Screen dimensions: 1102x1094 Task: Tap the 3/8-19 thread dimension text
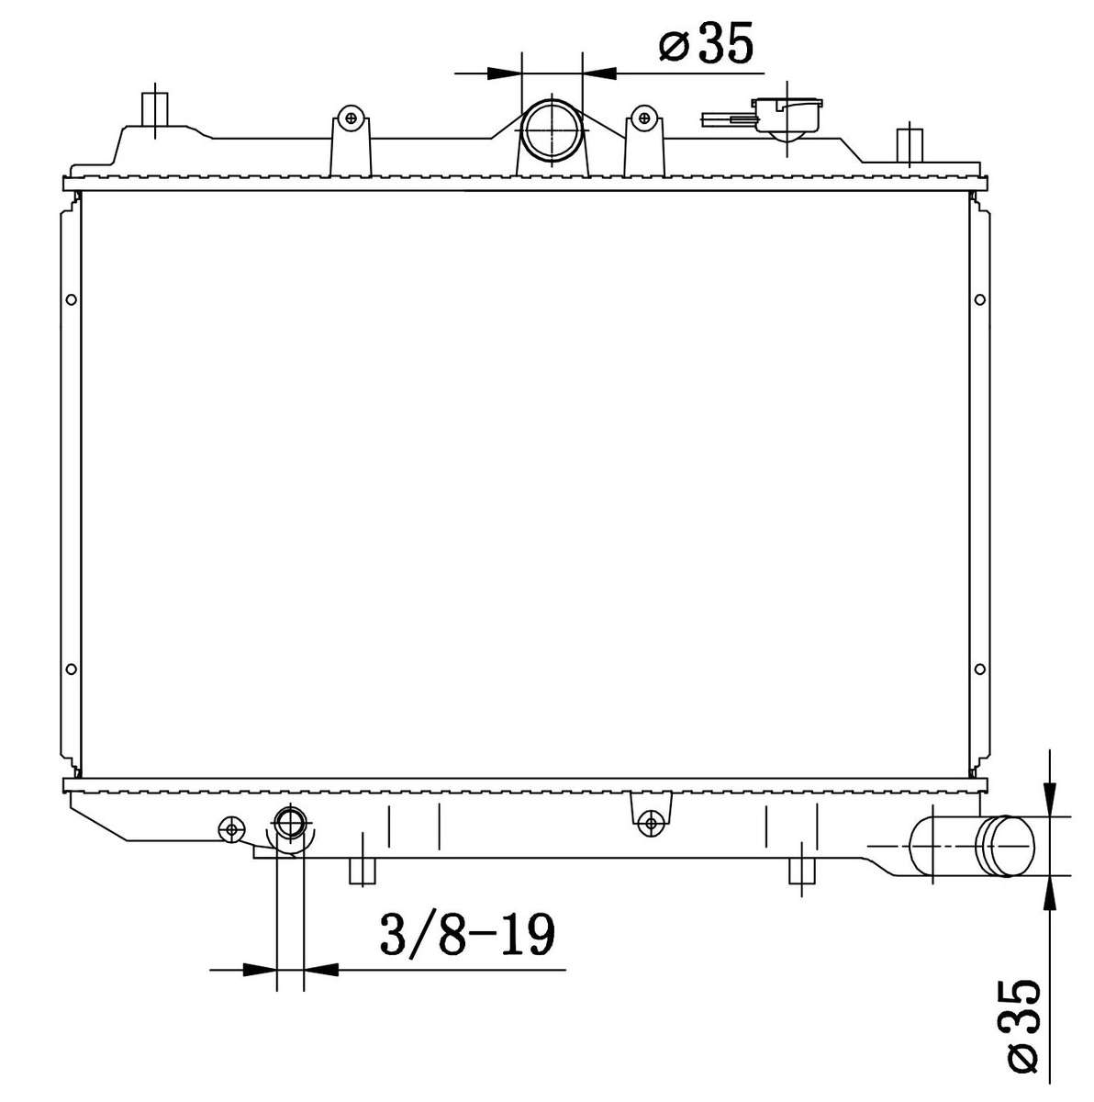pyautogui.click(x=467, y=936)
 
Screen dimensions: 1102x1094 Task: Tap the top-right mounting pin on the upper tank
pyautogui.click(x=908, y=142)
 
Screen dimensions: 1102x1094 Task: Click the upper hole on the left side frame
pyautogui.click(x=72, y=298)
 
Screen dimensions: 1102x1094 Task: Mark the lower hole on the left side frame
pyautogui.click(x=72, y=669)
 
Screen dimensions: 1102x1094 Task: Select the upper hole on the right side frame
pyautogui.click(x=979, y=298)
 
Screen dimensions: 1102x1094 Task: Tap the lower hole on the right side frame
pyautogui.click(x=979, y=669)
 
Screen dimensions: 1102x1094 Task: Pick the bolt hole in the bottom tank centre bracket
pyautogui.click(x=651, y=822)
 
